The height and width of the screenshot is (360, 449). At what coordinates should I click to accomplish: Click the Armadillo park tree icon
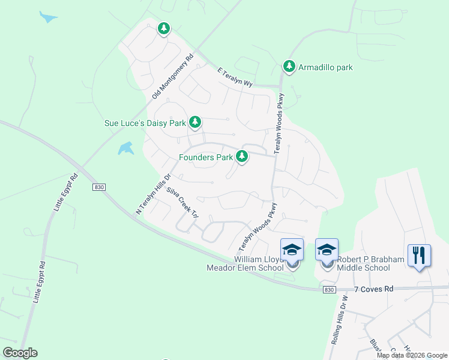[x=289, y=66]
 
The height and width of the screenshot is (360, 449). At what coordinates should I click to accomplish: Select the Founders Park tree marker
[x=242, y=157]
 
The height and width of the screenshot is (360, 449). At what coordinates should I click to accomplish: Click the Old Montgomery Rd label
[x=173, y=77]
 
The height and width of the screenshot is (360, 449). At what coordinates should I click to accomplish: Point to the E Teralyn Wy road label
[x=235, y=79]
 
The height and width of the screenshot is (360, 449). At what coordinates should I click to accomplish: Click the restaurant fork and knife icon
[x=419, y=256]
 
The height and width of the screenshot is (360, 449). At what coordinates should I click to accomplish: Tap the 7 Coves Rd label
[x=373, y=289]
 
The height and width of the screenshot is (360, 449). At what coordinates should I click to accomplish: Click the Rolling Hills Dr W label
[x=340, y=319]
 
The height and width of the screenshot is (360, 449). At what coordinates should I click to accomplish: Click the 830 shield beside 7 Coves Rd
[x=328, y=290]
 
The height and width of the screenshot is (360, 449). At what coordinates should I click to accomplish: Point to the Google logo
[x=20, y=353]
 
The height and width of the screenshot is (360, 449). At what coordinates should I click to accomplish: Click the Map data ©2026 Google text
[x=411, y=355]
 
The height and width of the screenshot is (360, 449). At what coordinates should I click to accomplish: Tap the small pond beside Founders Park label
[x=126, y=148]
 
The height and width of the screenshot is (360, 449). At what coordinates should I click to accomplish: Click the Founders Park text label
[x=206, y=158]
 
